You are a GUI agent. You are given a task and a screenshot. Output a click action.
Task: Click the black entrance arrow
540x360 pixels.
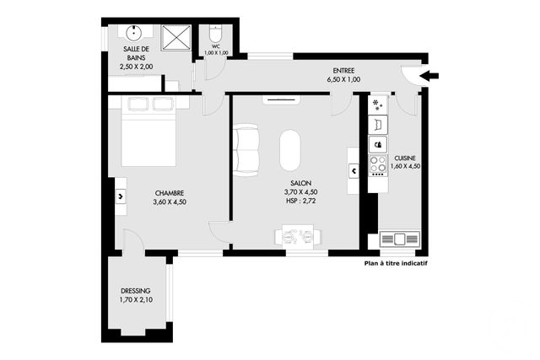click(x=429, y=76)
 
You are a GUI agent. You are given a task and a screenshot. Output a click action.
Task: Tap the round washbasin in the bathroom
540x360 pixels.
click(x=132, y=34)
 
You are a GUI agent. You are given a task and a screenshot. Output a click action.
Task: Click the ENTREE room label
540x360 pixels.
click(x=343, y=71)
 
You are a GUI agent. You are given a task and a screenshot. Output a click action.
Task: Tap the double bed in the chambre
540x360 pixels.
click(x=148, y=131)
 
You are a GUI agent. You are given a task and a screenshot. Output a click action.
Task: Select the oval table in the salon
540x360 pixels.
click(x=290, y=152)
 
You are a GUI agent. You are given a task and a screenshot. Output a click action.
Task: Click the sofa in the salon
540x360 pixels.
click(x=246, y=150)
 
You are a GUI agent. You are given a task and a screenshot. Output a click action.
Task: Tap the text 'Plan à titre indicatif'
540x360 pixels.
click(x=396, y=262)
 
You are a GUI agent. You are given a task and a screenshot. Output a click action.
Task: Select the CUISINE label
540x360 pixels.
click(x=405, y=158)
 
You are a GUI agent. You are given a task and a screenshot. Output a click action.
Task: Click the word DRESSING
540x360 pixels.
click(x=136, y=292)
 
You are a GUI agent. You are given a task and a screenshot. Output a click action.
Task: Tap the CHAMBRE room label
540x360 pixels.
click(x=170, y=192)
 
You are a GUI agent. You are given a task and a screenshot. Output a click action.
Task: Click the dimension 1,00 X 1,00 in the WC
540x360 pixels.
click(x=216, y=53)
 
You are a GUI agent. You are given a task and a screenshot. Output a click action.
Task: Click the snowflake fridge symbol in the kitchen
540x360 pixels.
click(x=377, y=105)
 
